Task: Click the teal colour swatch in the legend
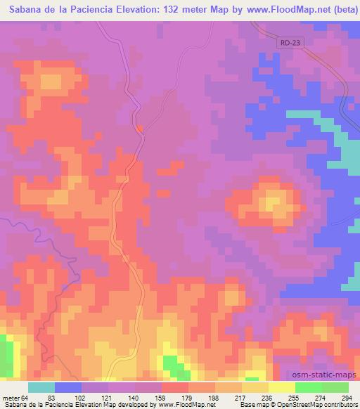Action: pyautogui.click(x=41, y=387)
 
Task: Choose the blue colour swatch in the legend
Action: pyautogui.click(x=67, y=387)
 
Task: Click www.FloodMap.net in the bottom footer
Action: pyautogui.click(x=185, y=405)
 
